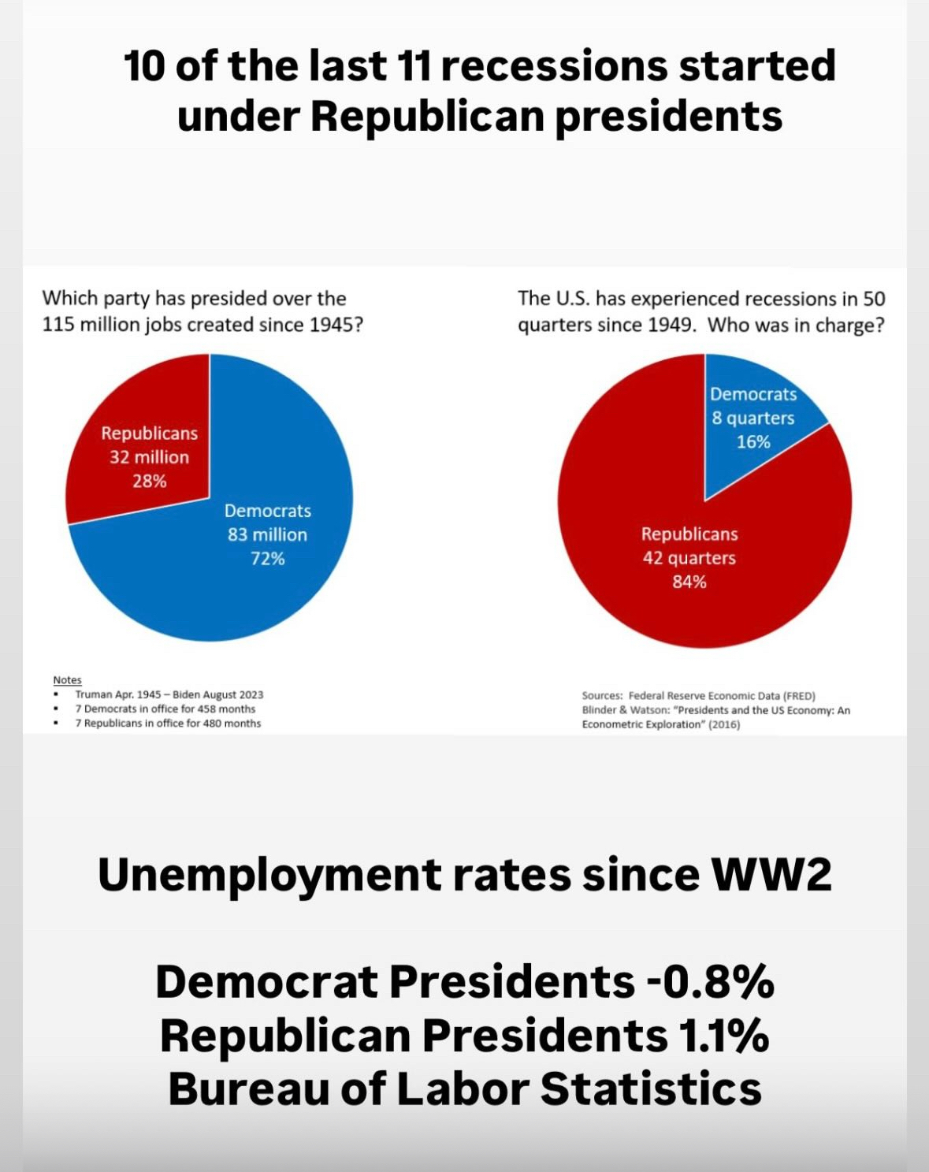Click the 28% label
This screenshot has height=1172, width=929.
click(x=149, y=481)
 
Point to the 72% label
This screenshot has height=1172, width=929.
click(x=267, y=559)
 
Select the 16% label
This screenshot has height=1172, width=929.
click(x=753, y=442)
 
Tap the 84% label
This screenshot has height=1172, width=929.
click(x=689, y=582)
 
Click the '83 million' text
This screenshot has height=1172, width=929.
click(x=267, y=534)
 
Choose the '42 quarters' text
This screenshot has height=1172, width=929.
click(x=689, y=558)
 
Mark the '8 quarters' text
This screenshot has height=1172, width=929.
click(x=753, y=419)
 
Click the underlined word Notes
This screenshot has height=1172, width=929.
click(x=67, y=680)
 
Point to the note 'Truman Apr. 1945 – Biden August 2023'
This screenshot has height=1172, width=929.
click(x=169, y=694)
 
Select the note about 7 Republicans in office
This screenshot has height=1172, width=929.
click(x=168, y=724)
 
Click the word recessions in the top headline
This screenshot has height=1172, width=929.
click(x=554, y=65)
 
